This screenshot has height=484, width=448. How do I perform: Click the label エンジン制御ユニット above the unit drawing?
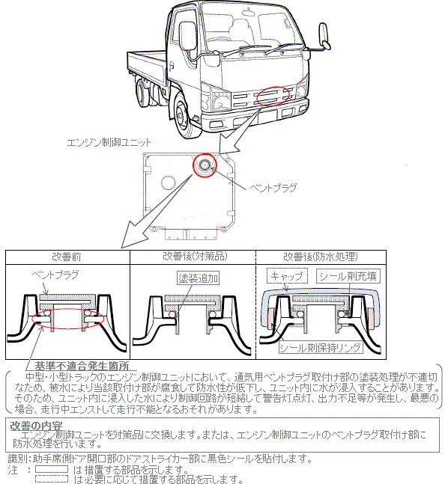109,143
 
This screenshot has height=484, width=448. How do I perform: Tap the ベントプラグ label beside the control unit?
273,188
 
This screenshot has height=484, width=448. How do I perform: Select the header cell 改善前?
67,257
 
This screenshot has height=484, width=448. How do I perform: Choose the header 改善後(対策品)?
195,256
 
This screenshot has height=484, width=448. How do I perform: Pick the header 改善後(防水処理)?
321,257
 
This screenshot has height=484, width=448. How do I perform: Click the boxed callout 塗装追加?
199,278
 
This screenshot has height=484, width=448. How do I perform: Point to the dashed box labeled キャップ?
287,276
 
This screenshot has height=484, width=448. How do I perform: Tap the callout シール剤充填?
348,276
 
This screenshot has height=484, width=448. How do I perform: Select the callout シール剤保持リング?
321,348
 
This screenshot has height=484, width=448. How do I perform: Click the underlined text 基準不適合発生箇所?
82,366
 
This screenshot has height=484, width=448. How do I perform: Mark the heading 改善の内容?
36,426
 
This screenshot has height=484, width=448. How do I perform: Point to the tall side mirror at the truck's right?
324,36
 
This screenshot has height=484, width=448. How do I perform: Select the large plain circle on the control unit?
169,183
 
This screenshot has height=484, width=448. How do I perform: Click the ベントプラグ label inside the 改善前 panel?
55,275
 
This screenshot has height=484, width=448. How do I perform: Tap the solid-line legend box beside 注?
52,470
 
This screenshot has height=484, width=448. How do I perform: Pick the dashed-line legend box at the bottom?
52,479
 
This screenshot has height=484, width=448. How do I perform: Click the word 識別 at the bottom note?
19,459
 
